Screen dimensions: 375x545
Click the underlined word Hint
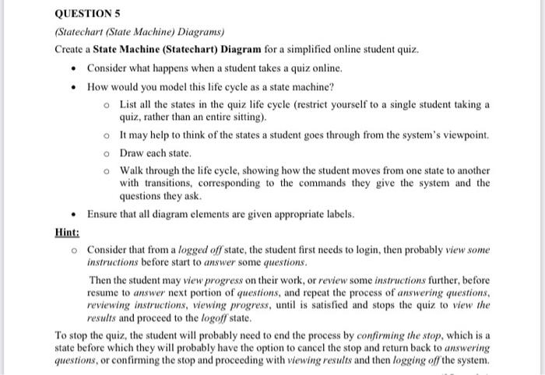(67, 232)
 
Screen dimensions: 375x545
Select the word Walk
(132, 170)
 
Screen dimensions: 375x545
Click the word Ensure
(104, 214)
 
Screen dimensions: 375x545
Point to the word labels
(339, 214)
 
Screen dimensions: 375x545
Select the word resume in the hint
(104, 293)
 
